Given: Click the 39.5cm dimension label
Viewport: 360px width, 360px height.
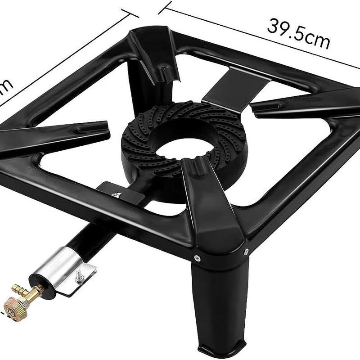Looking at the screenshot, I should [x=297, y=33].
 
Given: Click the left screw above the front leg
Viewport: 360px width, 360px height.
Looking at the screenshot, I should [x=197, y=258].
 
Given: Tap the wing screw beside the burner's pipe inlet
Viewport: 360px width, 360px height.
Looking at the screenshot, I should [x=116, y=195].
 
